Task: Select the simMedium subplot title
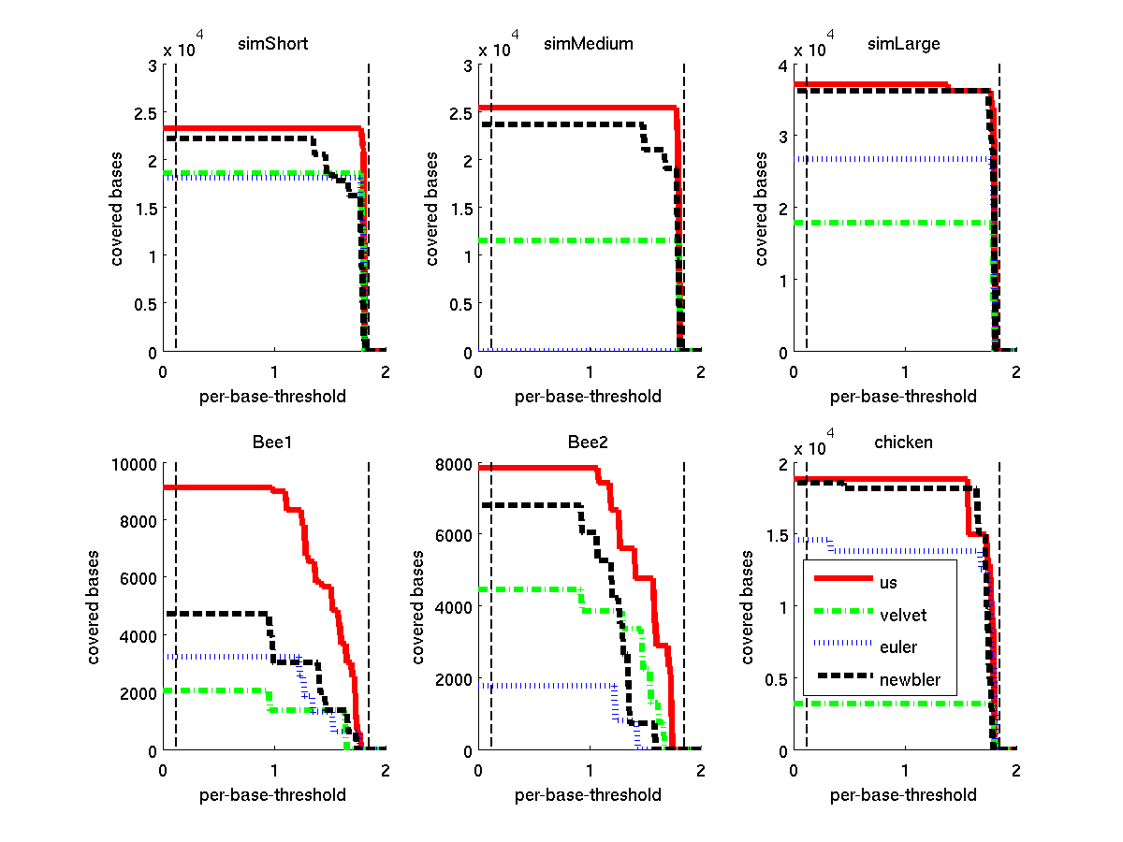click(589, 44)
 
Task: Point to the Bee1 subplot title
click(273, 442)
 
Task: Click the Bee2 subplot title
click(589, 442)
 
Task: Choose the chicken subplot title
click(903, 442)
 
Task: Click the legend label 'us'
click(888, 582)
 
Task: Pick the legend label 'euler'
click(898, 646)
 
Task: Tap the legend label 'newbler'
click(910, 679)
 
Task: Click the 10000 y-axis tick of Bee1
click(136, 463)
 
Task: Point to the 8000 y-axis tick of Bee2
click(455, 463)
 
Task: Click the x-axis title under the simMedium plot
click(588, 396)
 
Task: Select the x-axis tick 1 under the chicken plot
click(905, 771)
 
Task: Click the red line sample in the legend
click(843, 579)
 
